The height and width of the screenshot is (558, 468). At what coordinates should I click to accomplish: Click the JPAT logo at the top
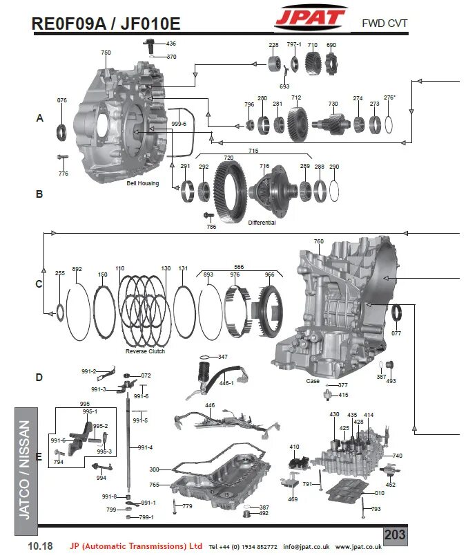[309, 18]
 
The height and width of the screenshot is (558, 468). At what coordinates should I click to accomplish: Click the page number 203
[395, 534]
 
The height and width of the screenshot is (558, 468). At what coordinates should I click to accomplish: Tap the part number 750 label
[106, 53]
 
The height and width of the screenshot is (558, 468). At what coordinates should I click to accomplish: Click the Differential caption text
[262, 223]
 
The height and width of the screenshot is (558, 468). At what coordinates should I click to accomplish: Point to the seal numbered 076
[62, 130]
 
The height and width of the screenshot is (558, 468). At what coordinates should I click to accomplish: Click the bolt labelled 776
[62, 158]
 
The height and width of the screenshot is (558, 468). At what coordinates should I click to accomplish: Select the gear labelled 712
[298, 124]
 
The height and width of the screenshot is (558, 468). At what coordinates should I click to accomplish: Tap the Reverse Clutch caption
[144, 351]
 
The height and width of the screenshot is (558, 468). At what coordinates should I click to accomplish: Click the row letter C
[39, 284]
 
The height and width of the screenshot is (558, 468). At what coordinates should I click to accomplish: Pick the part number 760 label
[318, 242]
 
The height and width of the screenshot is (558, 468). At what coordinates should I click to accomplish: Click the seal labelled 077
[398, 313]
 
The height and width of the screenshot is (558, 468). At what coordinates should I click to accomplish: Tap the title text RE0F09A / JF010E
[106, 24]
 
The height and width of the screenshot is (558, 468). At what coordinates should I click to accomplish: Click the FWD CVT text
[384, 24]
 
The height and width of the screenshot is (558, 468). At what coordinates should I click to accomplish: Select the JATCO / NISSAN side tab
[25, 470]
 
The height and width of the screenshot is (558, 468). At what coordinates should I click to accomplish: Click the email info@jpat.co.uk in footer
[306, 546]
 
